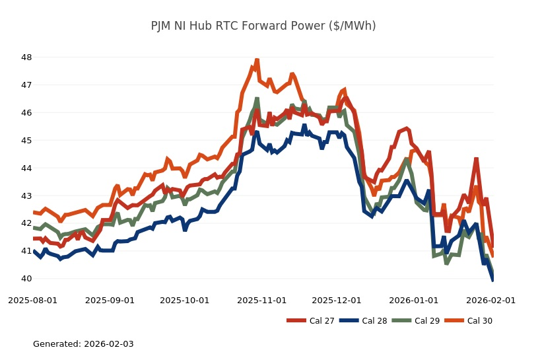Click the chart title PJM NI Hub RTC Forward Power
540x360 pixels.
click(x=263, y=26)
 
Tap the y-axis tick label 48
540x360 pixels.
click(x=26, y=57)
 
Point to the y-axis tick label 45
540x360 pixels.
click(x=26, y=141)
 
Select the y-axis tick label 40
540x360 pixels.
click(x=26, y=279)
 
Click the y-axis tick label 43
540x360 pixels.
click(x=26, y=196)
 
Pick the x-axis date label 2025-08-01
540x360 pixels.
click(x=32, y=300)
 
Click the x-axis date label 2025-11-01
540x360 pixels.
click(x=262, y=300)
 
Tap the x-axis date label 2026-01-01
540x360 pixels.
click(x=415, y=300)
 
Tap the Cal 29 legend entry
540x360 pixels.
click(x=414, y=321)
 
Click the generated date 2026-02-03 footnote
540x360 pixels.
click(x=83, y=344)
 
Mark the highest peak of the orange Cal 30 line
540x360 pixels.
click(x=257, y=60)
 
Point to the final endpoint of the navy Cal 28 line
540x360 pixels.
click(x=492, y=280)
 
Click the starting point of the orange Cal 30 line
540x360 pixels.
click(x=34, y=212)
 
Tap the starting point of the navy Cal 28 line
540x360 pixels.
click(x=34, y=251)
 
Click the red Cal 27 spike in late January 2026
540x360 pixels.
click(x=476, y=159)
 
